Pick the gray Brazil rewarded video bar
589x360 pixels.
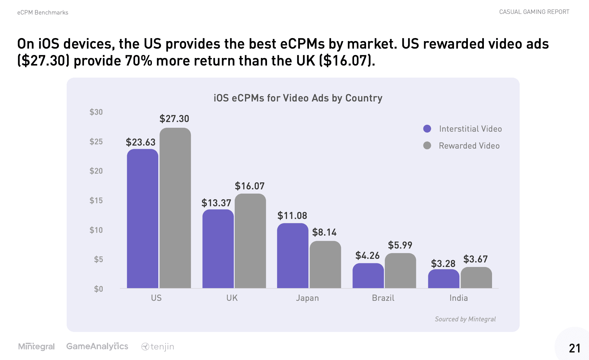click(400, 271)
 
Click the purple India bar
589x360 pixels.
click(443, 279)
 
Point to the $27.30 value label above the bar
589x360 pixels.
click(174, 119)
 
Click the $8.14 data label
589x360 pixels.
click(324, 232)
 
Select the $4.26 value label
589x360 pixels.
click(367, 256)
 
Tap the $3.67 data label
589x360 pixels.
click(475, 259)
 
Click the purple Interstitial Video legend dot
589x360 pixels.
click(427, 129)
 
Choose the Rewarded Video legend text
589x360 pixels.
click(469, 146)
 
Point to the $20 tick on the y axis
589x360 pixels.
click(96, 171)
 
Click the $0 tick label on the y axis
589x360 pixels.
click(98, 289)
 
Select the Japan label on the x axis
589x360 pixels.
click(307, 298)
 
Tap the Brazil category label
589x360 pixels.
click(383, 298)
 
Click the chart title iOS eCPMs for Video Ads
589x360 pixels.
click(298, 98)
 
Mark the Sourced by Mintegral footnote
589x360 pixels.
click(465, 319)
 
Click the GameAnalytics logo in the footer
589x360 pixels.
click(97, 346)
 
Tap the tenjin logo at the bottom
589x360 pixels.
click(158, 347)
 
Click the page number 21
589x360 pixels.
click(575, 348)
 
